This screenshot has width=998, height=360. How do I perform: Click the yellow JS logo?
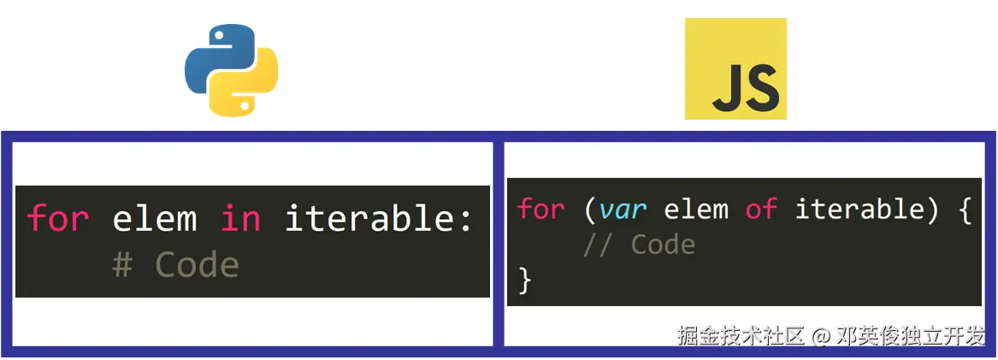(x=735, y=69)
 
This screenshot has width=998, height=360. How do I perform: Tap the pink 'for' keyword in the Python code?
(x=58, y=219)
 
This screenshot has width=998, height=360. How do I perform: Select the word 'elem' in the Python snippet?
(x=155, y=219)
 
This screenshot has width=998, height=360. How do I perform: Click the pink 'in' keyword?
(x=240, y=219)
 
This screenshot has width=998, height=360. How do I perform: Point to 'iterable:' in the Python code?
(x=379, y=219)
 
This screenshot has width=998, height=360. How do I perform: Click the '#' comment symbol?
(x=122, y=265)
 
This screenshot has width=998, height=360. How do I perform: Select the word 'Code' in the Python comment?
(x=197, y=265)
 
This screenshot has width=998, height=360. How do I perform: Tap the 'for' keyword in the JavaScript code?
(x=541, y=210)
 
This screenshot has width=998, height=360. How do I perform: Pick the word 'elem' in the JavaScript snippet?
(x=696, y=210)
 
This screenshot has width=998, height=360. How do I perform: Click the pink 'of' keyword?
(x=761, y=210)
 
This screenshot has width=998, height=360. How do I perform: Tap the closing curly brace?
(x=525, y=280)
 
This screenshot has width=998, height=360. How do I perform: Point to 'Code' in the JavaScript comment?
(x=663, y=245)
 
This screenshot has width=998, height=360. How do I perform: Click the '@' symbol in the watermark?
(x=821, y=335)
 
